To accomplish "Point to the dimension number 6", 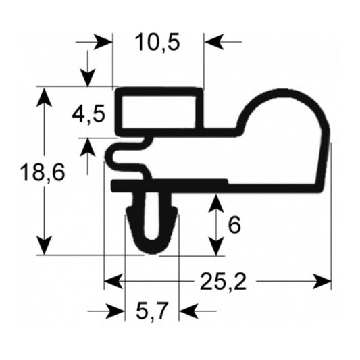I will [x=234, y=225].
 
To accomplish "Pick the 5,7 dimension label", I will [x=152, y=311].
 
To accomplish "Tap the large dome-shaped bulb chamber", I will [x=284, y=142].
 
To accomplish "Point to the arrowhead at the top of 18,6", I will [x=45, y=97].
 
